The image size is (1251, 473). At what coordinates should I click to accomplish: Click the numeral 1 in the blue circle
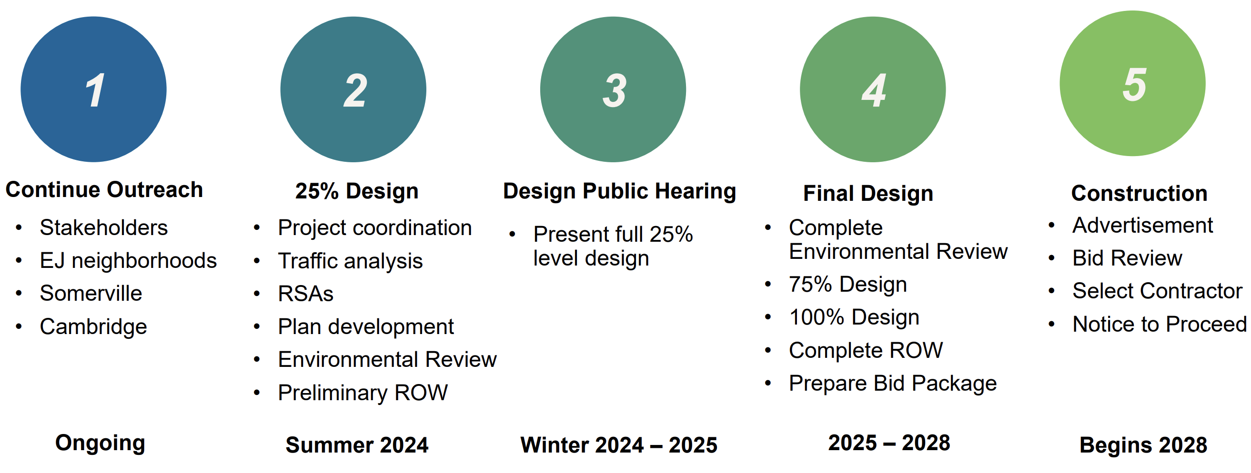click(95, 90)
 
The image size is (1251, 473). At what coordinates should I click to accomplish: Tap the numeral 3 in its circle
click(615, 90)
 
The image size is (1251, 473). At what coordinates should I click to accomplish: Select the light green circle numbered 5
click(1132, 83)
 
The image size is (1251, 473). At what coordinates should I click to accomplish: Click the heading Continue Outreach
click(104, 190)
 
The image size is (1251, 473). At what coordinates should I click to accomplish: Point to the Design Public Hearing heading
click(620, 191)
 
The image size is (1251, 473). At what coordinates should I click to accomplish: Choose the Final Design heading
click(868, 193)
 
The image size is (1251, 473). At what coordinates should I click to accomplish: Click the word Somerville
click(91, 294)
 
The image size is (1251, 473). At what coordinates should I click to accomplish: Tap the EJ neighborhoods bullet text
click(128, 260)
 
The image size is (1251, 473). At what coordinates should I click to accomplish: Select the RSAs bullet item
click(306, 294)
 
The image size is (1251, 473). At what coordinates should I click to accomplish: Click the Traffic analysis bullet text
click(351, 261)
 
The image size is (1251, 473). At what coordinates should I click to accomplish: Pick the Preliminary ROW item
click(363, 393)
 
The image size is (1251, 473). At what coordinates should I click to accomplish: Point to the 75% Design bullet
click(848, 284)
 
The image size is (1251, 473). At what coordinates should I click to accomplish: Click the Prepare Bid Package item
click(893, 383)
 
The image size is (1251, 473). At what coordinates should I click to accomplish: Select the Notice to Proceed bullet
click(1160, 324)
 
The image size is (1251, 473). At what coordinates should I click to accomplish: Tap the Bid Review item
click(1127, 258)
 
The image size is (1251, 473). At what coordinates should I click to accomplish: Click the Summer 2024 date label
click(357, 445)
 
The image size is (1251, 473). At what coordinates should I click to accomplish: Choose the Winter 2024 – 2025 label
click(619, 445)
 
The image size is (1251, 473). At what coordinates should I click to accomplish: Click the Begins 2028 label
click(1143, 445)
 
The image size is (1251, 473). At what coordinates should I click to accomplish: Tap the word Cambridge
click(93, 327)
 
